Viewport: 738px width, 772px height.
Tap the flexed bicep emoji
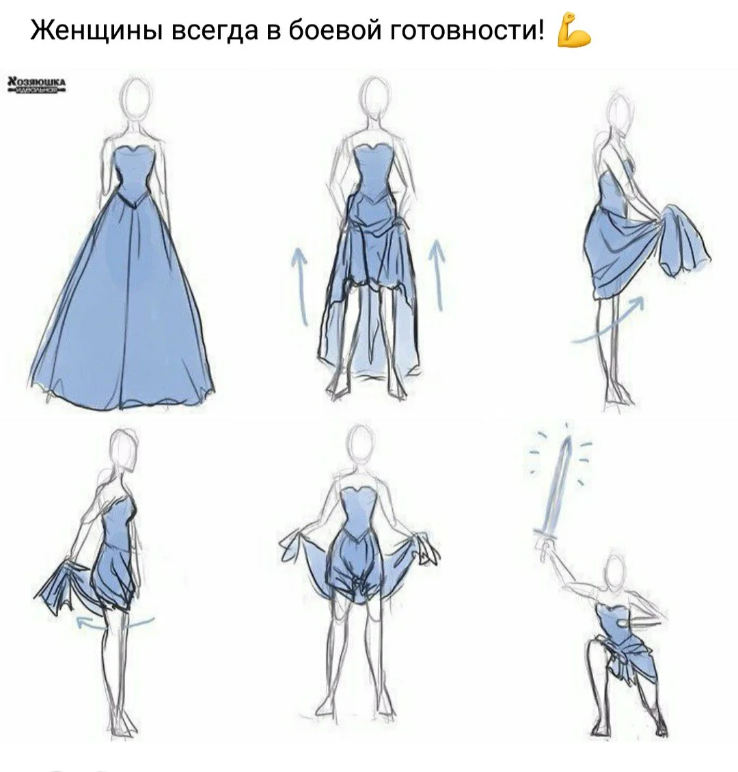573,31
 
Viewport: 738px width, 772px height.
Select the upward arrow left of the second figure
299,284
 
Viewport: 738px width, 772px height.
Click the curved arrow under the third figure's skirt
608,321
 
